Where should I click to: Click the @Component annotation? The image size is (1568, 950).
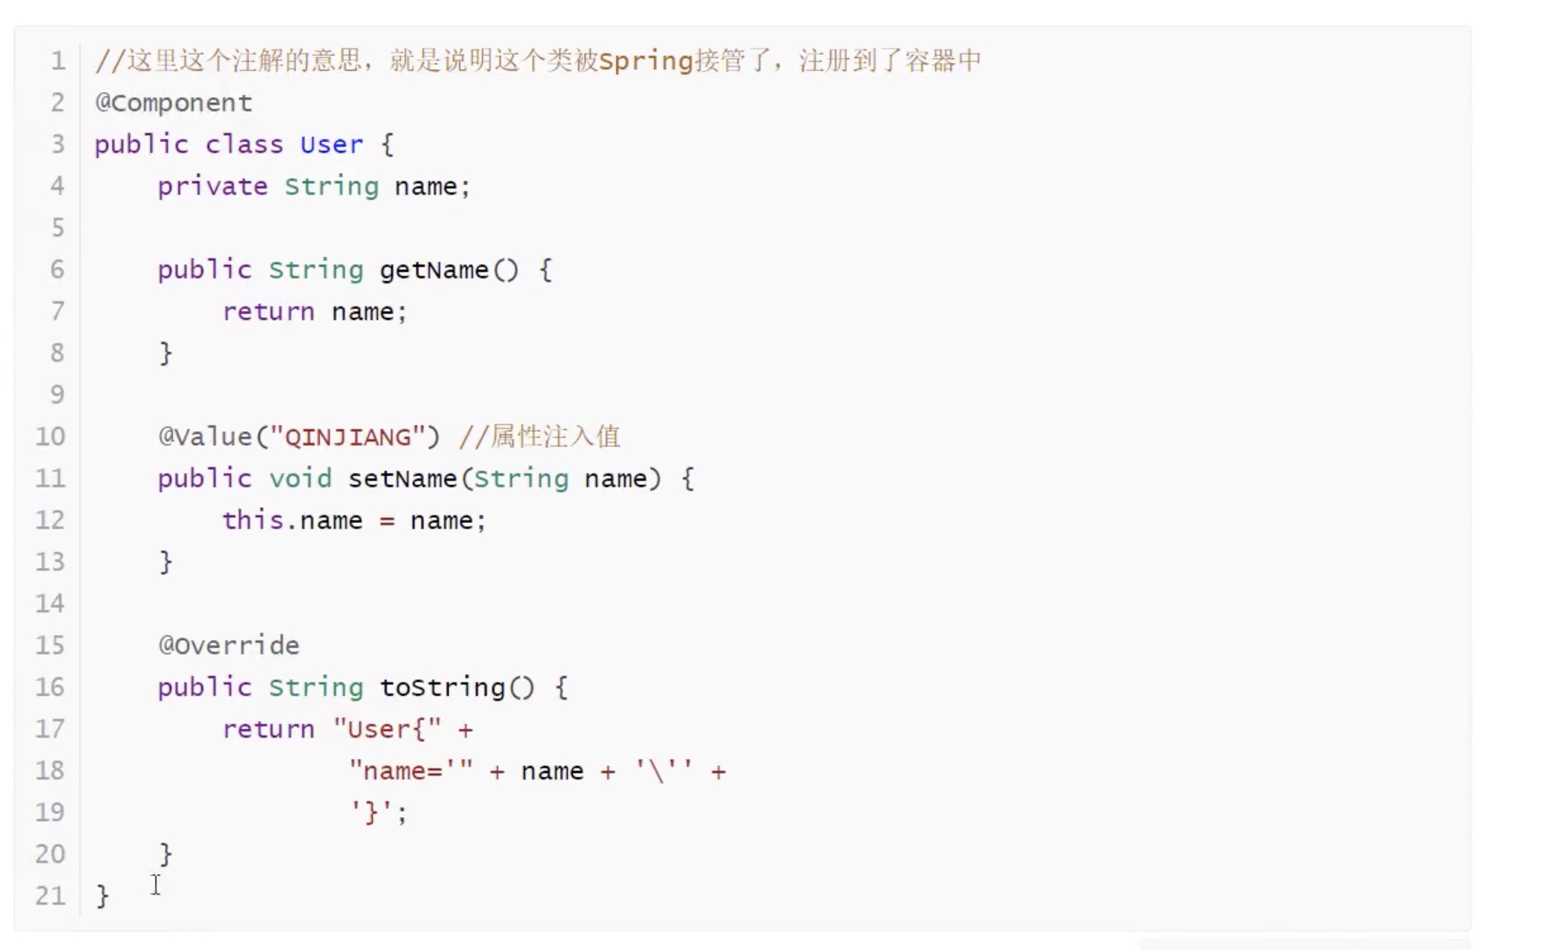[173, 103]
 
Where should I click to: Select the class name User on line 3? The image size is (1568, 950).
[331, 144]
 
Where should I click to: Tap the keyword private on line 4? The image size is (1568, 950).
[212, 186]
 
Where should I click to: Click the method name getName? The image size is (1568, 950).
[434, 270]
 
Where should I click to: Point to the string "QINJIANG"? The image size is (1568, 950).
[348, 437]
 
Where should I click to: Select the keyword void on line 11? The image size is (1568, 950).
[300, 478]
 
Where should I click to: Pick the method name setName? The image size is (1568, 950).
[402, 478]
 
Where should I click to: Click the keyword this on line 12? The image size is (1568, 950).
[252, 520]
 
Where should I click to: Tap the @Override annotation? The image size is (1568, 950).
[229, 645]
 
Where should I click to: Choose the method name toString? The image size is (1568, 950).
[442, 688]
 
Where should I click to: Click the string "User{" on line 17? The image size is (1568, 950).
[387, 729]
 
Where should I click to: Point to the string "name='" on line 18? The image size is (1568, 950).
[411, 770]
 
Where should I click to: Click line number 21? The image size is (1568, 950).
[50, 895]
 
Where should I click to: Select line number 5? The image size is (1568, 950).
[57, 228]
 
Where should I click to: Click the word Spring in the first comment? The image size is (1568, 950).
[646, 61]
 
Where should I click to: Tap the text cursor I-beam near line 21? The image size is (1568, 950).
[156, 884]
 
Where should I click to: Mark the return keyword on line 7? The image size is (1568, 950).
[268, 311]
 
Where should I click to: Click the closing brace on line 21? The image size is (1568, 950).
[102, 895]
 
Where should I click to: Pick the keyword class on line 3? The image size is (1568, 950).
[244, 144]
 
